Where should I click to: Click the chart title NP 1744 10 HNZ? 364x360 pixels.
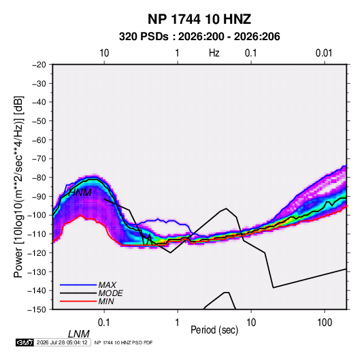pos(199,19)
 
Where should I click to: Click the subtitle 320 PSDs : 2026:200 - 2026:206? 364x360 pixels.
pos(199,37)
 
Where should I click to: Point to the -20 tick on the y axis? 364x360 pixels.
pos(39,65)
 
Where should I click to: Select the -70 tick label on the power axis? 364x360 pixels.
pos(39,159)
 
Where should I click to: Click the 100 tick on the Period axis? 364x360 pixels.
pos(325,323)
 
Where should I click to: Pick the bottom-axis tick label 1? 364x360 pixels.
pos(178,323)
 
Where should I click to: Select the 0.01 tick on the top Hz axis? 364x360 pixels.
pos(324,53)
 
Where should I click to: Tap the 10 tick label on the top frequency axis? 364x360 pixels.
pos(104,53)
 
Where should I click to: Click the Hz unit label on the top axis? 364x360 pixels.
pos(214,53)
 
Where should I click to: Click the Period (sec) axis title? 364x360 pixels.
pos(214,330)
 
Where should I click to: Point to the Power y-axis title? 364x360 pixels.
pos(18,187)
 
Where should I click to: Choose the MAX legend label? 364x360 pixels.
pos(107,285)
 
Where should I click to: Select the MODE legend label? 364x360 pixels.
pos(110,293)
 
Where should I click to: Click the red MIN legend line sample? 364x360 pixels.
pos(78,301)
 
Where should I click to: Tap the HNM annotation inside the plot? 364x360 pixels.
pos(80,193)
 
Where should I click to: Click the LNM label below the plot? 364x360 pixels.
pos(78,334)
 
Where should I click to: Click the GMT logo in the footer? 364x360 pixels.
pos(25,342)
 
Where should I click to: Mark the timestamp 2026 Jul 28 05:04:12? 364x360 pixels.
pos(62,342)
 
